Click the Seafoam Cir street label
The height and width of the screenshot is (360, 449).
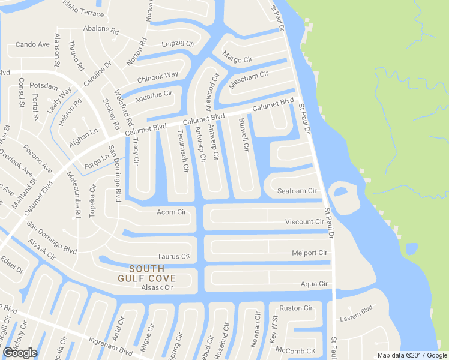pyautogui.click(x=297, y=191)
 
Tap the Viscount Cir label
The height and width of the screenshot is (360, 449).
pyautogui.click(x=304, y=222)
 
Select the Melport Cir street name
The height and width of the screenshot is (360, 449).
pyautogui.click(x=309, y=253)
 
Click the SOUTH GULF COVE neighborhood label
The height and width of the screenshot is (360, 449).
pyautogui.click(x=147, y=273)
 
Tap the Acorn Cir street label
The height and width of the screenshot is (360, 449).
pyautogui.click(x=172, y=212)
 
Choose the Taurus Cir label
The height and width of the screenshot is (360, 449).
pyautogui.click(x=173, y=256)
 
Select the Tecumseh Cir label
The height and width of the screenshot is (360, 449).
pyautogui.click(x=182, y=152)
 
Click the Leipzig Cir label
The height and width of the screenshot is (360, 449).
pyautogui.click(x=178, y=44)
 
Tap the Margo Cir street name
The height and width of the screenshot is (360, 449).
pyautogui.click(x=237, y=59)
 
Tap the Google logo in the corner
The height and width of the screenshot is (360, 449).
pyautogui.click(x=20, y=353)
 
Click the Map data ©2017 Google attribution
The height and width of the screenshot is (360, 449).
pyautogui.click(x=412, y=355)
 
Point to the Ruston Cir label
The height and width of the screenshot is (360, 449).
pyautogui.click(x=297, y=308)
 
